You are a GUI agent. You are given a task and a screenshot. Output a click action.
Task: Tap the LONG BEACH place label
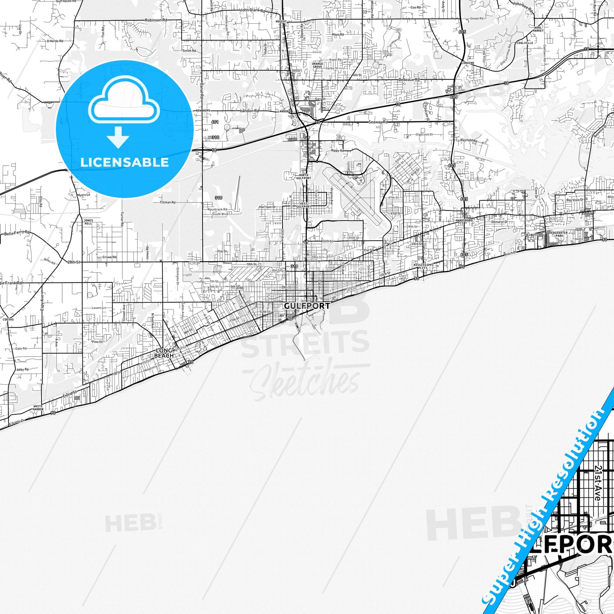[x=164, y=353]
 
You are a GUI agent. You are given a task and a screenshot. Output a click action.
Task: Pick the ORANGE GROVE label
[x=317, y=65]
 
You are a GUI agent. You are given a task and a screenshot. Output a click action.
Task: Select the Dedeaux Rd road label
[x=409, y=80]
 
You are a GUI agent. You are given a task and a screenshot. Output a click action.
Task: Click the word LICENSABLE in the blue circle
[x=125, y=162]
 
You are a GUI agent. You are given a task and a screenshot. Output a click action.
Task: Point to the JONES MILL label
[x=88, y=222]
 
